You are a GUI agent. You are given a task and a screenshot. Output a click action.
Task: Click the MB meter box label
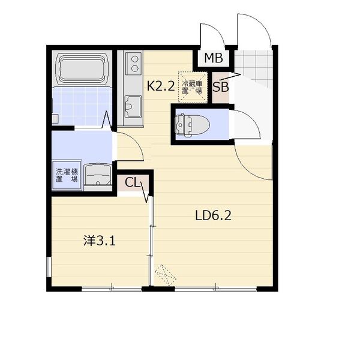(x=214, y=58)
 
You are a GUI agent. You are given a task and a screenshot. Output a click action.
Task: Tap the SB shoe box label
(x=221, y=87)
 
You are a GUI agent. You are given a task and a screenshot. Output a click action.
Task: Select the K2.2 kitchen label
(x=161, y=86)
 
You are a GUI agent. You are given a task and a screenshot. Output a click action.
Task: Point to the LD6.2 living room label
(x=213, y=215)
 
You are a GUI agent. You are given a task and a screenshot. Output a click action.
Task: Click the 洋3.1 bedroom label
(x=99, y=241)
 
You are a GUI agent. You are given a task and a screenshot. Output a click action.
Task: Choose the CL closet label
(x=132, y=183)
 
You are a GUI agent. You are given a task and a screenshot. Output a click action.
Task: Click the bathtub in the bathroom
(x=82, y=68)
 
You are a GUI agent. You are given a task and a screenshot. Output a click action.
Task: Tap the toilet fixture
(x=192, y=125)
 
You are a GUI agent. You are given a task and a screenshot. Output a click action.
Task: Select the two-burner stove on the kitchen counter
(x=134, y=62)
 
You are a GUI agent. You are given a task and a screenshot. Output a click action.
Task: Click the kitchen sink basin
(x=133, y=106)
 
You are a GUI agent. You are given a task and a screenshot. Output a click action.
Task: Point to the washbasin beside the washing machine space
(x=98, y=175)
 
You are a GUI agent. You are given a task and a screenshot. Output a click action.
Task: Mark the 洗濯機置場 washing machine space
(x=67, y=175)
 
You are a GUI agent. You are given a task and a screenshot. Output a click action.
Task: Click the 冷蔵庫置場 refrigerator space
(x=192, y=87)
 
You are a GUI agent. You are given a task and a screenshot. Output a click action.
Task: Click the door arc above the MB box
(x=215, y=32)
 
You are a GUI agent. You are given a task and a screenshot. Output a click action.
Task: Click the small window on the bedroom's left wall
(x=49, y=267)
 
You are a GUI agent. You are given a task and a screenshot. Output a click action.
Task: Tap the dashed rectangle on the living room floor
(x=166, y=275)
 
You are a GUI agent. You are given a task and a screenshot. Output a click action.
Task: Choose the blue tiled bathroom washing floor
(x=82, y=106)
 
